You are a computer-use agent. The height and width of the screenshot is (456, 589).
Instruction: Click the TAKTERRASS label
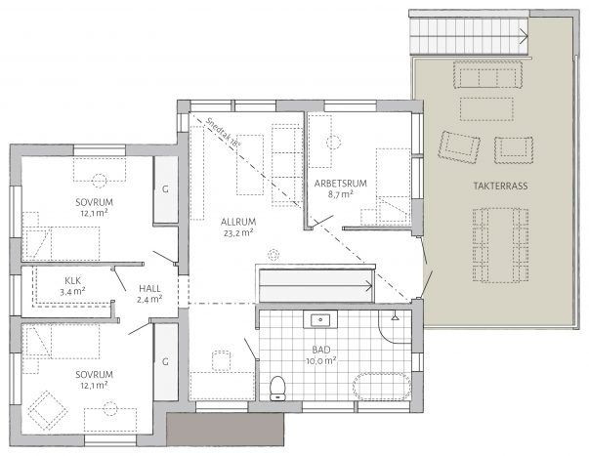(500, 186)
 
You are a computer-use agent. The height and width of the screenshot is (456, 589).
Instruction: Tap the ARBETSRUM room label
(340, 184)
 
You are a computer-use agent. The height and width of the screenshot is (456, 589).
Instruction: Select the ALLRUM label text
(238, 222)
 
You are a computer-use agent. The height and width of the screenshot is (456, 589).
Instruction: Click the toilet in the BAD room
(277, 388)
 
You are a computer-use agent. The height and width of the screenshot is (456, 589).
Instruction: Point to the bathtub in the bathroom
(382, 386)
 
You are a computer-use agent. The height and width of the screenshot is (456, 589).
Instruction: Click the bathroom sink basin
(320, 320)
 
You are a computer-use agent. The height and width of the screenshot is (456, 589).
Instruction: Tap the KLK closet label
(72, 280)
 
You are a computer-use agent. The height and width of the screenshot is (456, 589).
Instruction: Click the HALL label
(149, 289)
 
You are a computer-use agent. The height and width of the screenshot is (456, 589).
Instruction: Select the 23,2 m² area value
(238, 233)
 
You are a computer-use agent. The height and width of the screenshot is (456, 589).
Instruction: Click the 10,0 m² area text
(321, 361)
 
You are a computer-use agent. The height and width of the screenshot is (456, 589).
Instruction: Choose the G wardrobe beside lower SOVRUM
(165, 361)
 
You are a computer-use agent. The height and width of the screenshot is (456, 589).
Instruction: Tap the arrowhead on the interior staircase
(369, 286)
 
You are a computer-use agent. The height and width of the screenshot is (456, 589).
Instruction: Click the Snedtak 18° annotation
(223, 133)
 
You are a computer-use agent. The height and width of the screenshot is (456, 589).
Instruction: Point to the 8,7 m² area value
(340, 194)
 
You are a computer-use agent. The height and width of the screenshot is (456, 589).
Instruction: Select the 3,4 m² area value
(72, 292)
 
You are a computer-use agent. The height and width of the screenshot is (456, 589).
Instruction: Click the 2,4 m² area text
(149, 300)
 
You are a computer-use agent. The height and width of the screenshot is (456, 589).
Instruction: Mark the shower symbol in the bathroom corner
(395, 316)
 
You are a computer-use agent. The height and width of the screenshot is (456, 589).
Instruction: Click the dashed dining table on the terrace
(501, 245)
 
